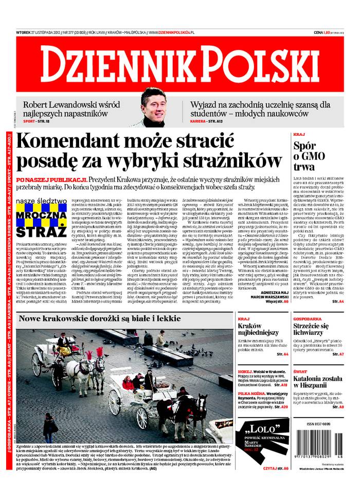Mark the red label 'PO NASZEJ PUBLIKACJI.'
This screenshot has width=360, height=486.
point(51,179)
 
